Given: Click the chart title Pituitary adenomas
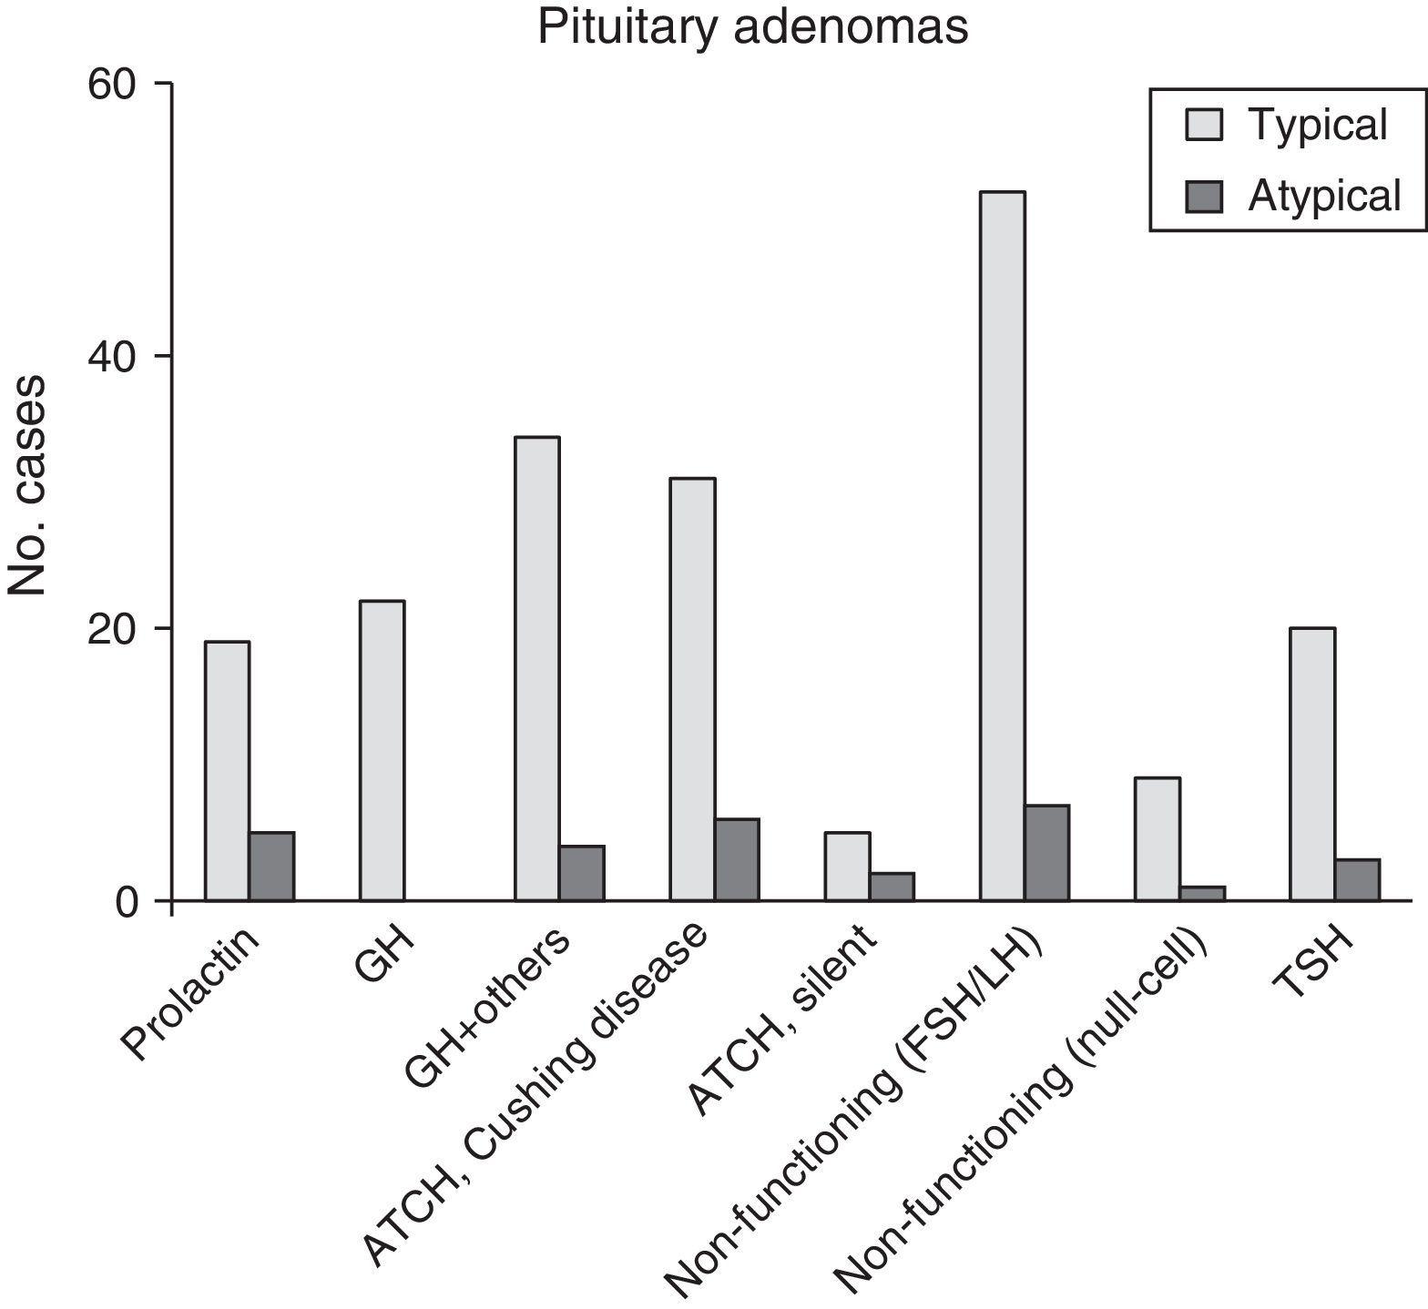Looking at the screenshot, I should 752,27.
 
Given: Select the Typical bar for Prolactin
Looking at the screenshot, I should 227,771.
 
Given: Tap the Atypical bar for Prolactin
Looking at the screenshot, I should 272,867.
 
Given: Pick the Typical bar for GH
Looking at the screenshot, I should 382,751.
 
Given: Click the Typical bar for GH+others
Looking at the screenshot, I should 537,669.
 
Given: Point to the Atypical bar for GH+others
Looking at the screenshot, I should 582,873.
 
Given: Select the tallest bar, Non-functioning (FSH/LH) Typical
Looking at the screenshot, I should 1002,546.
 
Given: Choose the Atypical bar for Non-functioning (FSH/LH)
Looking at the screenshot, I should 1046,853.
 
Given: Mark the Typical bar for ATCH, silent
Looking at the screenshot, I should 847,867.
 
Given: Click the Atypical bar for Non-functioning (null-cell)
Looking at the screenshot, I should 1202,893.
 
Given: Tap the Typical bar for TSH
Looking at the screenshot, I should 1312,765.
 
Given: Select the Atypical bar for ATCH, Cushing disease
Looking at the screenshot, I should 737,859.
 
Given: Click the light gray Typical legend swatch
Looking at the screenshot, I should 1203,124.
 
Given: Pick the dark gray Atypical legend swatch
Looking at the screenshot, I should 1203,196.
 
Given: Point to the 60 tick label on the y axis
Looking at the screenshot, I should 111,84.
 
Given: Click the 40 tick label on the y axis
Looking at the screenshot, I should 111,356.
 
